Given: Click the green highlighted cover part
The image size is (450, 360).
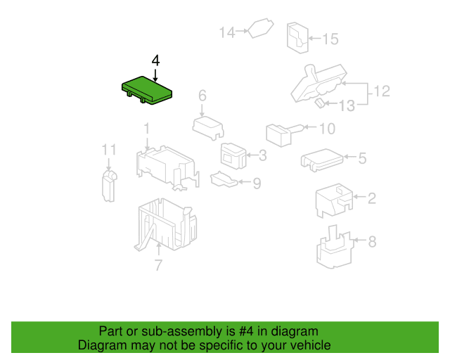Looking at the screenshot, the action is pos(147,90).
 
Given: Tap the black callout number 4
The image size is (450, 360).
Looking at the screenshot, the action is pos(155,60).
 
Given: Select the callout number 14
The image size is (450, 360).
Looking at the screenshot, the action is pos(227,32).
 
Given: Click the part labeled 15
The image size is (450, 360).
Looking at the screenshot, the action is pos(297,37).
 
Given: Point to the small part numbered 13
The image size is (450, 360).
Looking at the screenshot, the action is pos(320,103).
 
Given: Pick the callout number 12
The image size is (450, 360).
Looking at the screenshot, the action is pos(382,91).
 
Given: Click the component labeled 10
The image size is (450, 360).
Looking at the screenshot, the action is pos(284,134).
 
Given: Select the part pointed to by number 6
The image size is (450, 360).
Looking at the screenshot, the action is pos(208,128).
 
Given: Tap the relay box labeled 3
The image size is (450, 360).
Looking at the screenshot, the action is pos(233,156).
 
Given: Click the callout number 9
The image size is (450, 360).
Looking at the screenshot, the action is pos(257,184).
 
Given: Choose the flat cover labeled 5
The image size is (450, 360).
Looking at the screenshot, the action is pos(322,160).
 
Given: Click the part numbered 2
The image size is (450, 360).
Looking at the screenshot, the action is pos(334,200).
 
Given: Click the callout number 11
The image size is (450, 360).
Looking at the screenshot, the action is pos(109,150).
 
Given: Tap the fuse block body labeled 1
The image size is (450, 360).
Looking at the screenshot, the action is pos(167,167).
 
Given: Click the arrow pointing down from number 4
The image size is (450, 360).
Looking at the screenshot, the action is pos(155,75).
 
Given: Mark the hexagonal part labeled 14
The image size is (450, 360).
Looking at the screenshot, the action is pos(261,28).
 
